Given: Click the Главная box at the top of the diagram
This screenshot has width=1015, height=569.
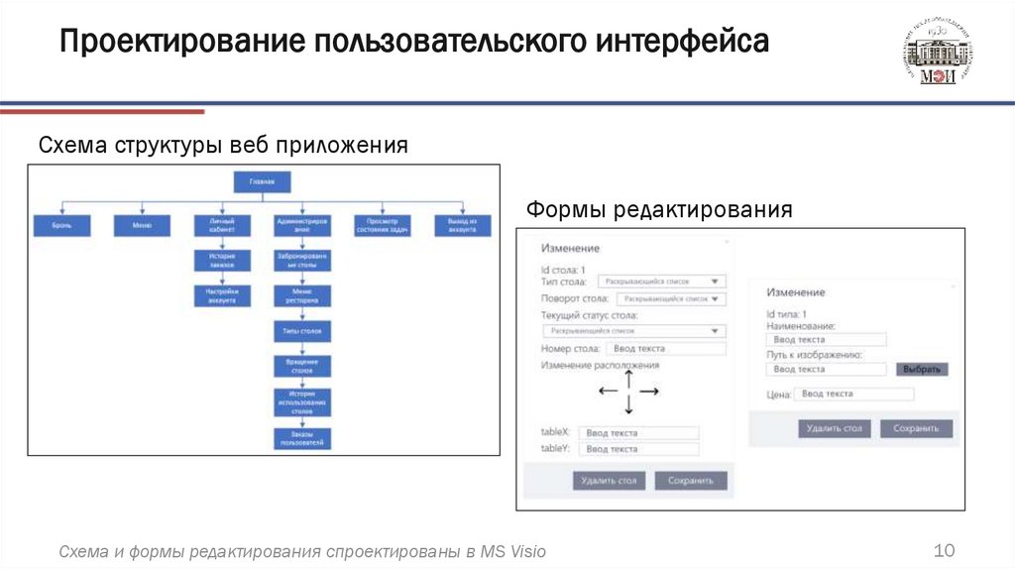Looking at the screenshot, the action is click(262, 181).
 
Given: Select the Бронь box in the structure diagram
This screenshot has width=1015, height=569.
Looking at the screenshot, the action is click(61, 226).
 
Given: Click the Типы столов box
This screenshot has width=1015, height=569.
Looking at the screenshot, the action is click(301, 330).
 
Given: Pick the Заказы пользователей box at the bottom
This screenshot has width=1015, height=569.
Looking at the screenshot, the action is click(301, 438).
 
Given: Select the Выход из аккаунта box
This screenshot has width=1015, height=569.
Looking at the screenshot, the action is click(462, 226).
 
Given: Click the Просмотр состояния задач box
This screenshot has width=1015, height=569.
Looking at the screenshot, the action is click(382, 226).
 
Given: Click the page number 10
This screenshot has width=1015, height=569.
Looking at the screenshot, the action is click(944, 551).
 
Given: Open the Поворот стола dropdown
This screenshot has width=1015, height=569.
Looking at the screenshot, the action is click(671, 298).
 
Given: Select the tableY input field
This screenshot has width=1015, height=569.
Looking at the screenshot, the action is click(639, 449).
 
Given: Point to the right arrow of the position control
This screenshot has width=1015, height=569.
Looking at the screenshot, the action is click(650, 392).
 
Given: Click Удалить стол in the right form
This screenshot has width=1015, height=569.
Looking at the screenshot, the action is click(835, 429).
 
